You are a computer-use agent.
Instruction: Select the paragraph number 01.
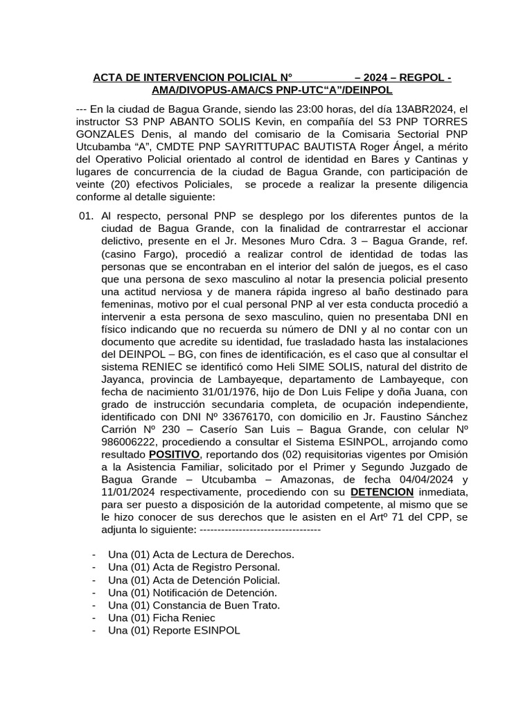[x=86, y=215]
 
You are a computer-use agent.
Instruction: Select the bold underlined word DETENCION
[x=382, y=492]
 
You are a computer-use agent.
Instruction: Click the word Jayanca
[x=122, y=379]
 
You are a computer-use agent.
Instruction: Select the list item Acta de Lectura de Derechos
[x=201, y=555]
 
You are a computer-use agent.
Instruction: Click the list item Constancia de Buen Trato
[x=194, y=605]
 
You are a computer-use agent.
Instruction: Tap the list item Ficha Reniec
[x=161, y=618]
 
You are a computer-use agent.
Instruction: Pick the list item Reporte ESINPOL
[x=174, y=630]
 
